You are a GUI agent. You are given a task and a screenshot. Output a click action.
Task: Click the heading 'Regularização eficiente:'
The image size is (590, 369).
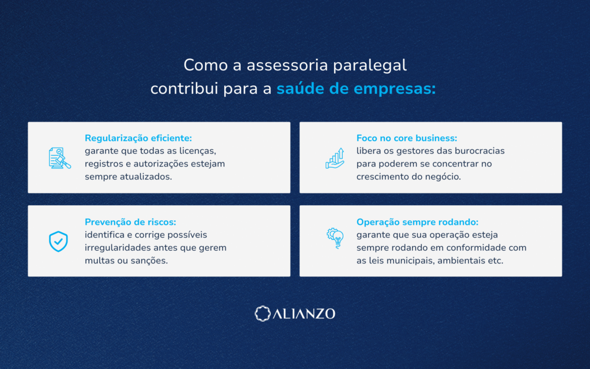click(138, 138)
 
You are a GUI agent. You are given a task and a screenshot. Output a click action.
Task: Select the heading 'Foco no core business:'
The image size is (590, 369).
click(407, 138)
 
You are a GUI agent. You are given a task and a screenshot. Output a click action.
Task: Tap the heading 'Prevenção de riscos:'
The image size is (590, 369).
click(130, 222)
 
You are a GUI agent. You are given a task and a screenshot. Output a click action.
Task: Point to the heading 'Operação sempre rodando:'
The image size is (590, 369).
click(417, 222)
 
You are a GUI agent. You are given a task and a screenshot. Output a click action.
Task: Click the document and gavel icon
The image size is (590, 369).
click(59, 158)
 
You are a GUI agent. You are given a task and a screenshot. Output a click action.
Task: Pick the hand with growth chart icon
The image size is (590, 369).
click(335, 158)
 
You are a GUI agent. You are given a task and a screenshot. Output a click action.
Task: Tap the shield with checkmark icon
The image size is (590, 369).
click(58, 242)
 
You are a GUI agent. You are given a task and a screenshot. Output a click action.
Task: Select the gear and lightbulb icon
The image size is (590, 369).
click(335, 238)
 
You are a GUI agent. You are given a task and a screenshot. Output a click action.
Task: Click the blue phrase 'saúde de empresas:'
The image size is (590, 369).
click(356, 89)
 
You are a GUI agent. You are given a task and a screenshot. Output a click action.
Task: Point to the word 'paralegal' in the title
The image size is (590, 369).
click(370, 66)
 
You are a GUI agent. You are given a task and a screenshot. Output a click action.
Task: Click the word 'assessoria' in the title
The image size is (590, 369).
click(288, 66)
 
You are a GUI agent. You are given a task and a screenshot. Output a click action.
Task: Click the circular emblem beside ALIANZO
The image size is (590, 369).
click(263, 314)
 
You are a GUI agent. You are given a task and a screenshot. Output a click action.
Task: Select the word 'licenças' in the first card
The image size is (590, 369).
click(198, 151)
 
